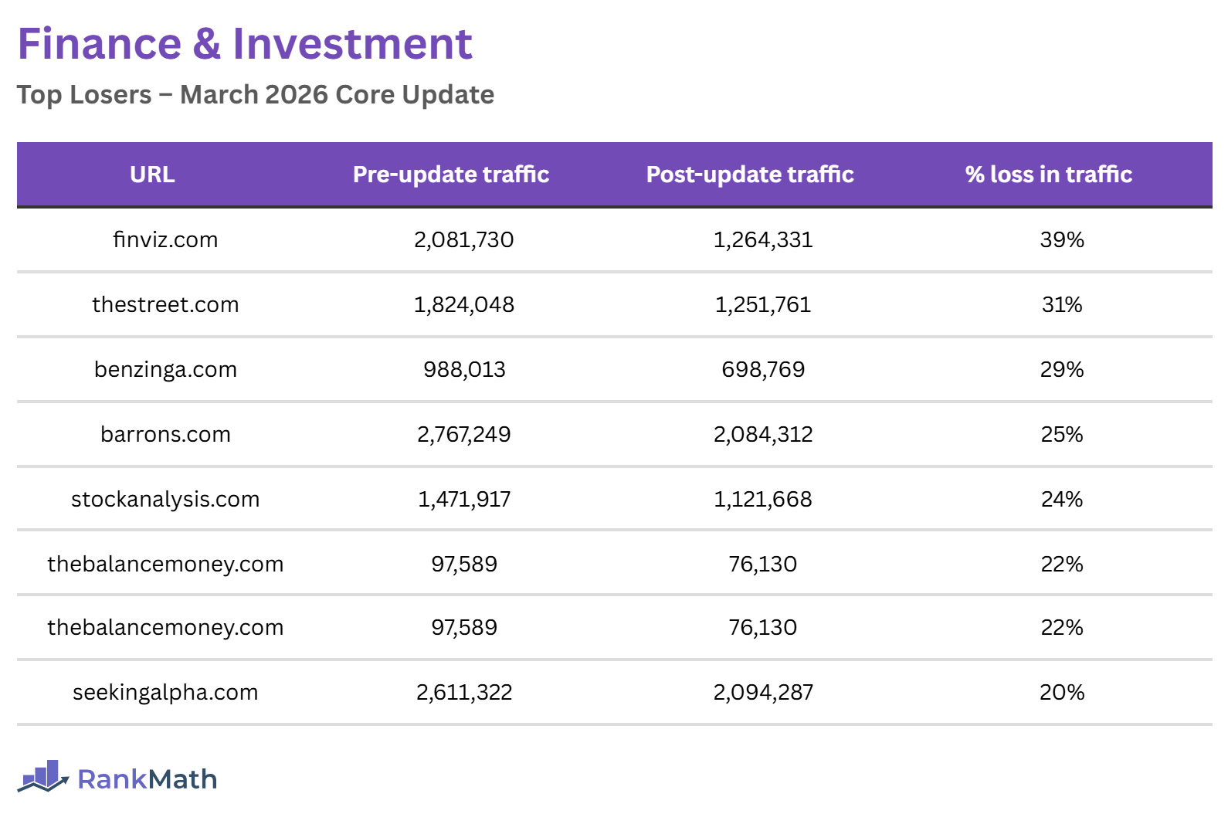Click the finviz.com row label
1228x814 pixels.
(x=165, y=240)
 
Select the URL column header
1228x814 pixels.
(x=152, y=175)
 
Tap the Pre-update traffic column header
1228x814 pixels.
(x=451, y=175)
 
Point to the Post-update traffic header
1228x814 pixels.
(x=750, y=175)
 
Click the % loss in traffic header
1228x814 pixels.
(x=1048, y=175)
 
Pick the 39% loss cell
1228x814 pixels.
(x=1062, y=240)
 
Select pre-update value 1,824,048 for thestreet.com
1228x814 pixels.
(x=464, y=305)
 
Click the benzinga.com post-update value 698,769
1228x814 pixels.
(x=763, y=370)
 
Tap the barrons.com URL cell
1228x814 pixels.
(x=165, y=435)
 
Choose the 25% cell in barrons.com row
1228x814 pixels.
(x=1062, y=435)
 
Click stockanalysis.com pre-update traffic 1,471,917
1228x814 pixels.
(x=464, y=500)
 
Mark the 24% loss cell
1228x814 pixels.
(x=1062, y=500)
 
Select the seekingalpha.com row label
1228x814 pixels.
(x=165, y=693)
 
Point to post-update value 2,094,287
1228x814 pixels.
(x=763, y=693)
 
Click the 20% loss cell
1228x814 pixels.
(x=1062, y=693)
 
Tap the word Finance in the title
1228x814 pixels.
(x=100, y=44)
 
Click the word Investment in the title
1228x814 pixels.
(x=352, y=44)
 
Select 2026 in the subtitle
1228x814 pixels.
(x=297, y=95)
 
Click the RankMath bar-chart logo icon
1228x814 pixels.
(x=43, y=776)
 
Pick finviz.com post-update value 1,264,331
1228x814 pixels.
(x=763, y=240)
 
